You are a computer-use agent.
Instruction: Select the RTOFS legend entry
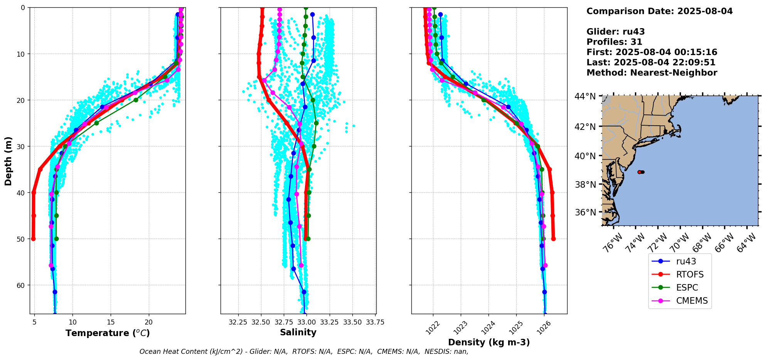pos(689,274)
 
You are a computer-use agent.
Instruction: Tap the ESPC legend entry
pos(687,288)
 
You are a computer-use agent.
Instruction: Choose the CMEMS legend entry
pos(692,301)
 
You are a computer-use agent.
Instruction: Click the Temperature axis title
pos(108,333)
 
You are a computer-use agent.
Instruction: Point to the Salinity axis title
pos(298,332)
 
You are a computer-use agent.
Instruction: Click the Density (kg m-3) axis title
pos(489,342)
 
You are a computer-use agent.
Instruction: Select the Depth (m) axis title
pos(8,161)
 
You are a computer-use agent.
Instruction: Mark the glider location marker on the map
pos(640,172)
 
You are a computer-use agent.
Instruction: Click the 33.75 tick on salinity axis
pos(375,322)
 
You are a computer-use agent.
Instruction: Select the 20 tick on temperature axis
pos(149,322)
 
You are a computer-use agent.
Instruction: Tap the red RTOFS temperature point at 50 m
pos(33,239)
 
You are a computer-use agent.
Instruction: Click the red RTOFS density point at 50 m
pos(553,239)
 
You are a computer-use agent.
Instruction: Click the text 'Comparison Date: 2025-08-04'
pos(659,11)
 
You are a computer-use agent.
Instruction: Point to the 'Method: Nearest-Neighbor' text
pos(652,73)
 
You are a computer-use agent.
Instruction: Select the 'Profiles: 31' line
pos(614,42)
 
